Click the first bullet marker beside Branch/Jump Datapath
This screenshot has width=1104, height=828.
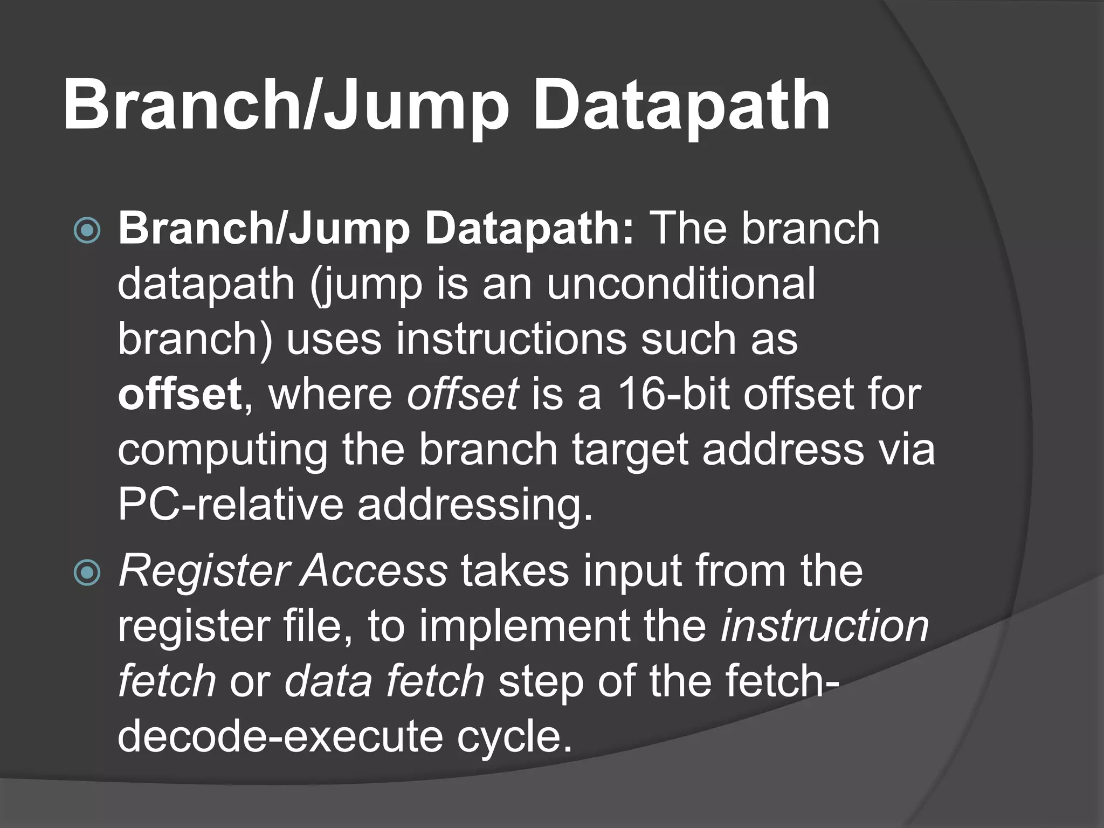[x=87, y=230]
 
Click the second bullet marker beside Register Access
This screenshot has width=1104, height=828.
[x=87, y=572]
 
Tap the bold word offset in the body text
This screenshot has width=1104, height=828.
[x=180, y=394]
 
